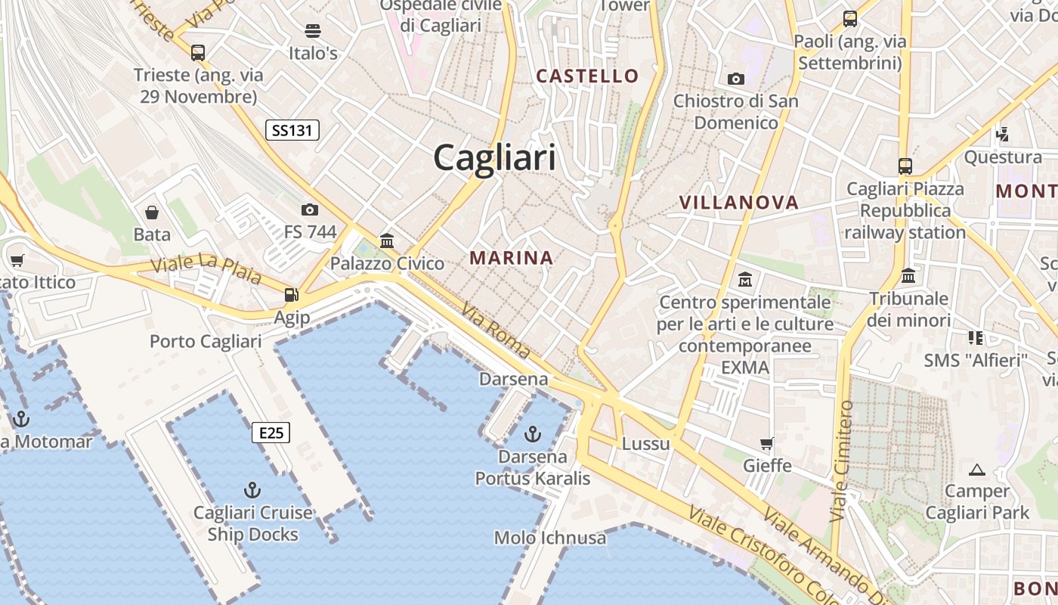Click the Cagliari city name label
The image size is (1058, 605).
[494, 158]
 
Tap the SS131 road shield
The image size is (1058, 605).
[292, 130]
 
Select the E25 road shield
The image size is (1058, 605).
[271, 433]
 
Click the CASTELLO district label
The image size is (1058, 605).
[587, 76]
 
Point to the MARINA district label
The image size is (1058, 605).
[512, 258]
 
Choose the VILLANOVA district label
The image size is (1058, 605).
[738, 202]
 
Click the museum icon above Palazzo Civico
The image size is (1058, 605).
[387, 241]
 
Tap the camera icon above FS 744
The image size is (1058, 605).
[309, 209]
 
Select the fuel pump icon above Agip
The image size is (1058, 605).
[291, 295]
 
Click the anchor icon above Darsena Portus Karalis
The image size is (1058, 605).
[533, 434]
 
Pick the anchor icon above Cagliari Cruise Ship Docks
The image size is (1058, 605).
[252, 490]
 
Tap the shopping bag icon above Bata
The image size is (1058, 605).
[152, 213]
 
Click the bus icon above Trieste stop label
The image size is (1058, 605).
[198, 53]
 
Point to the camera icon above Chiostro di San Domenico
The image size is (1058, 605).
[735, 79]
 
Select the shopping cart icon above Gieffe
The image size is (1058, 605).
[767, 443]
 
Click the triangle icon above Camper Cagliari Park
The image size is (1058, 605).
[977, 470]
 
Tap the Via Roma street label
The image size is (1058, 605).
[496, 330]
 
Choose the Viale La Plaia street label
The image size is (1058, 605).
[206, 268]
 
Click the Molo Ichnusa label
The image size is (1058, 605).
[549, 538]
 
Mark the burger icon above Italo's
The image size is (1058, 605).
[313, 31]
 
